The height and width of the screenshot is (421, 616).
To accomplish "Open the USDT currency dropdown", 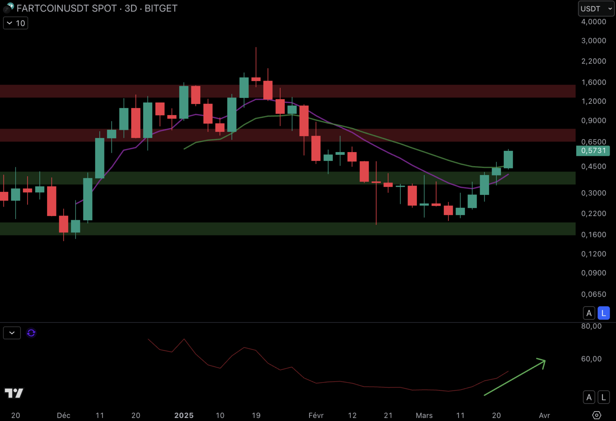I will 596,9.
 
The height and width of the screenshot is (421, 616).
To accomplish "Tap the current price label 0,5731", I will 593,151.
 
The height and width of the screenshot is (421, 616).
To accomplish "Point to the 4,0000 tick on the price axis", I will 593,22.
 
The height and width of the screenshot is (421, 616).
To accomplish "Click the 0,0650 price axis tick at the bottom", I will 593,294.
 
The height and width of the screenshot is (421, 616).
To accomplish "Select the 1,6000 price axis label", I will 593,82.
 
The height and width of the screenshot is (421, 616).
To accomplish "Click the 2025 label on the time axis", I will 184,415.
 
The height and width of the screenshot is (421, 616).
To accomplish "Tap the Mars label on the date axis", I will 424,415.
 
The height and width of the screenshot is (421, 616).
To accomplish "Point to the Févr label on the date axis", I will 316,415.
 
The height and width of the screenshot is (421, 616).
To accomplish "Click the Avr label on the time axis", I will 544,415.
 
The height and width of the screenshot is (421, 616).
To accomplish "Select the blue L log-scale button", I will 604,313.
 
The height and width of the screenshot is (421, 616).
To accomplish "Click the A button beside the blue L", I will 589,313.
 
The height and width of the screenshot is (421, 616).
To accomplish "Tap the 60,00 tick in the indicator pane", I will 591,359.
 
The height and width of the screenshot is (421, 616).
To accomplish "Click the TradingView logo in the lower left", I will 14,393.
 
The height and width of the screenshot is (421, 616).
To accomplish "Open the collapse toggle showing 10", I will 16,23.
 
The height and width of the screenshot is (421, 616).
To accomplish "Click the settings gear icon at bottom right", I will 597,415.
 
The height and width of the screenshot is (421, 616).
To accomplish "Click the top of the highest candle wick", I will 256,48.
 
